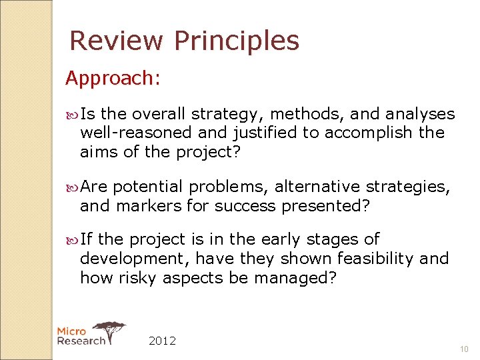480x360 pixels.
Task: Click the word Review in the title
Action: (x=117, y=41)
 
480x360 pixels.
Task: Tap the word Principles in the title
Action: (x=236, y=42)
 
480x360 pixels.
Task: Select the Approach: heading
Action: (x=113, y=79)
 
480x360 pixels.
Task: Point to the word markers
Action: (x=149, y=207)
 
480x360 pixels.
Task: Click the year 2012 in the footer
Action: (x=162, y=341)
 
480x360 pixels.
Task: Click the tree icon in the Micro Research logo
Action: (x=109, y=329)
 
